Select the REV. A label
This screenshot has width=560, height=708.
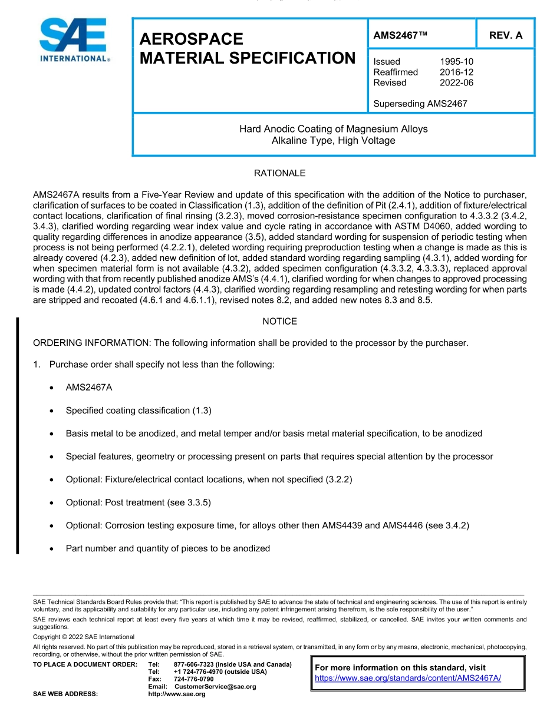505,35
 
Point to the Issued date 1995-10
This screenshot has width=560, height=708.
456,62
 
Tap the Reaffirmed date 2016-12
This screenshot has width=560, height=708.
456,72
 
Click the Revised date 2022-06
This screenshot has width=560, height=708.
456,83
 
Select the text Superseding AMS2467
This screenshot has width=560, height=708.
420,104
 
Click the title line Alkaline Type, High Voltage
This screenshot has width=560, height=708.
333,141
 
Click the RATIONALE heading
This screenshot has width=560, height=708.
279,173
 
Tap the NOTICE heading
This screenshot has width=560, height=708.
279,322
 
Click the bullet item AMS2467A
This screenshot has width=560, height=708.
89,388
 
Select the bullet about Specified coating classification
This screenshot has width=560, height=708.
139,411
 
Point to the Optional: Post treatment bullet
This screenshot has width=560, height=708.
138,502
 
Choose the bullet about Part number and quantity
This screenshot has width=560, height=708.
167,548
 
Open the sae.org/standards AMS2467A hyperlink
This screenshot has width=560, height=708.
408,678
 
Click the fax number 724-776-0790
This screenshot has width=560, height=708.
194,679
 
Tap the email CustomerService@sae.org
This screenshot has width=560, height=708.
215,687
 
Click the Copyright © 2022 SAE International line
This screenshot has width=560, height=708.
84,637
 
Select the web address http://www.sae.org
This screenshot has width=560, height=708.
176,694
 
